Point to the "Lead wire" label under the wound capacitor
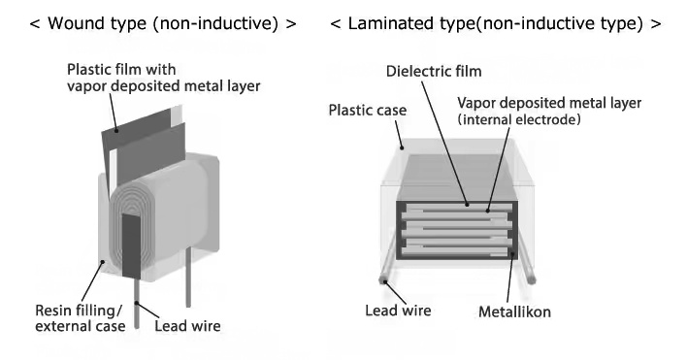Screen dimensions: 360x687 [187, 326]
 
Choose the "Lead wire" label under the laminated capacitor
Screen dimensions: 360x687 [397, 311]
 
